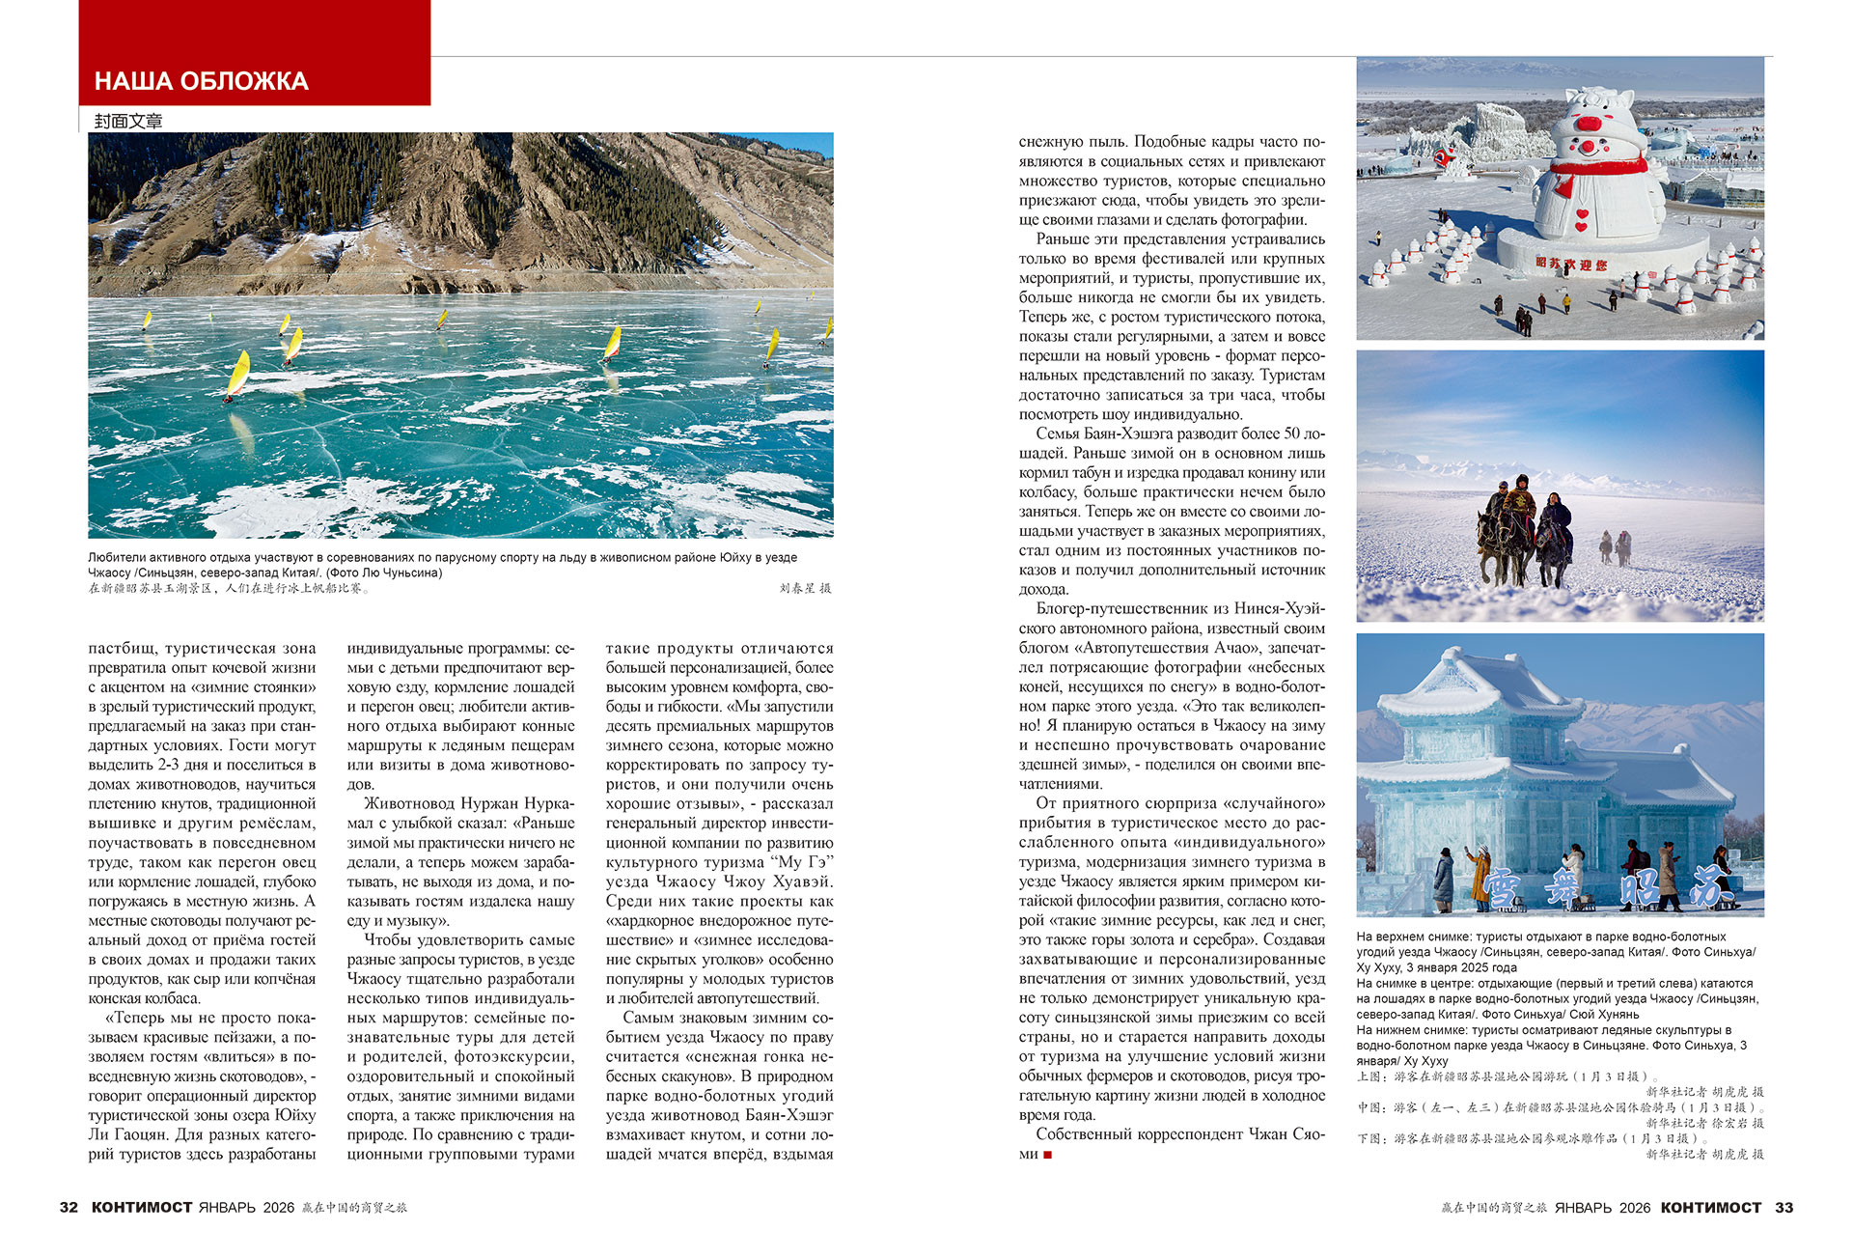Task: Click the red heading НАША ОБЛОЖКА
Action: (202, 81)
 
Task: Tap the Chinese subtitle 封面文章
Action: (128, 121)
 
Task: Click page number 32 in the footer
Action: (69, 1207)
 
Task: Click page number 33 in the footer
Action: (1784, 1207)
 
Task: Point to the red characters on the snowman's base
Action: (1571, 263)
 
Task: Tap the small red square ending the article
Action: (1048, 1155)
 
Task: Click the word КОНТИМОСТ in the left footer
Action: (142, 1207)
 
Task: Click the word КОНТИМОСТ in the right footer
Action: (1711, 1207)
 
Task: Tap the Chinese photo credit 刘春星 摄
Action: (805, 588)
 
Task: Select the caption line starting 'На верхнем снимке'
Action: (1540, 937)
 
